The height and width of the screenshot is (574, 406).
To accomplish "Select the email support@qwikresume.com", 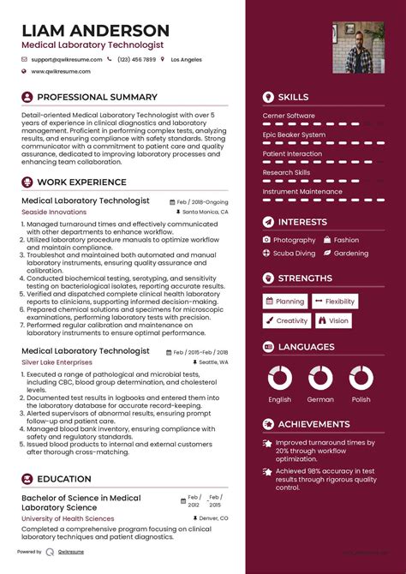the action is click(67, 60).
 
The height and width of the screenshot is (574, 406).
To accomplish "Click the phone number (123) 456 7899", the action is click(137, 60).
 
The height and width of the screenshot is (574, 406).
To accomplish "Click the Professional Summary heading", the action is click(97, 98).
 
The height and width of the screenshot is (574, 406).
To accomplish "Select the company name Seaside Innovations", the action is click(54, 212).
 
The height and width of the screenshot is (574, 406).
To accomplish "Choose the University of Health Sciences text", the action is click(68, 518).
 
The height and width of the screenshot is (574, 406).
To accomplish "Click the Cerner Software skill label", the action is click(289, 116).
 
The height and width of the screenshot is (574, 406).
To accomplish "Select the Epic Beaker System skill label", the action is click(294, 135).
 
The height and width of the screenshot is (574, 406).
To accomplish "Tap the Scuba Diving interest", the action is click(295, 254).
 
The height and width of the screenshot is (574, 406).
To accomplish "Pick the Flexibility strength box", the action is click(335, 302).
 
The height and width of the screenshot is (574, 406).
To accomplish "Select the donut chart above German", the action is click(320, 378).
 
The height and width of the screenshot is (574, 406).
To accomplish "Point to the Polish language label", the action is click(361, 399).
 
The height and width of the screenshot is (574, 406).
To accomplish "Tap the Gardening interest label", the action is click(351, 254).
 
